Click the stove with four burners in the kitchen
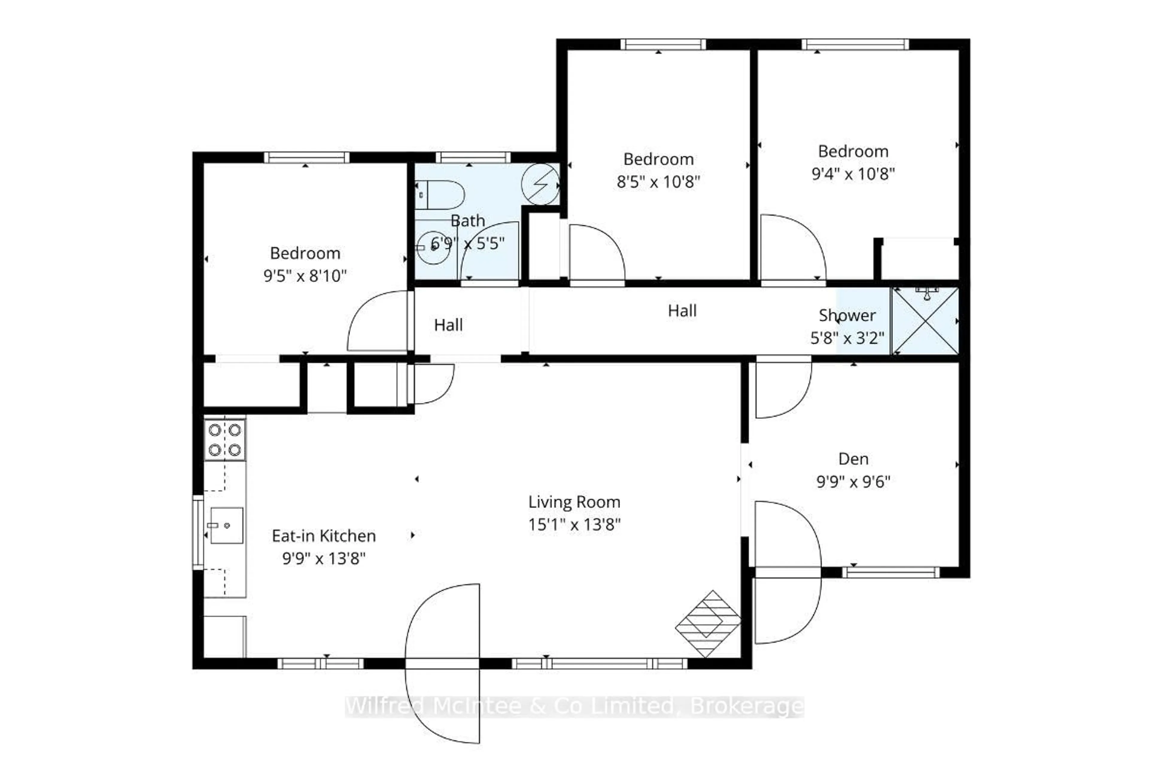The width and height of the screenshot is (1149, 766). point(225,440)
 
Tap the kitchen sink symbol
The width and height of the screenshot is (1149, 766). point(226,525)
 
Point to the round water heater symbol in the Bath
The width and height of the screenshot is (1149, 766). point(540,184)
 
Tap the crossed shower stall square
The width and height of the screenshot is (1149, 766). point(925,321)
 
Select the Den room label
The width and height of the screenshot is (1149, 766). point(853,459)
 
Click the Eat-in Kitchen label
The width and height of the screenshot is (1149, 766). point(323,536)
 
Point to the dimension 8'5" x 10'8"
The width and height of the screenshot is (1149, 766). point(658,182)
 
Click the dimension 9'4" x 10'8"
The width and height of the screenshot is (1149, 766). point(853,174)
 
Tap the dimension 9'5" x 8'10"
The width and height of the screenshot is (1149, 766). point(305,276)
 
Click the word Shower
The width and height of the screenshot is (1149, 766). point(847,316)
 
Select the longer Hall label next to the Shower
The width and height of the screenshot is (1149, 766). point(682,311)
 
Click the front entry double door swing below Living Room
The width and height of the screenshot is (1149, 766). point(442,663)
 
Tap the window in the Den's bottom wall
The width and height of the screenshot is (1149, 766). point(890,572)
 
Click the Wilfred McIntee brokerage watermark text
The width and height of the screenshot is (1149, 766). point(574,706)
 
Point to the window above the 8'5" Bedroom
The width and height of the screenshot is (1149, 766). point(663,45)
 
